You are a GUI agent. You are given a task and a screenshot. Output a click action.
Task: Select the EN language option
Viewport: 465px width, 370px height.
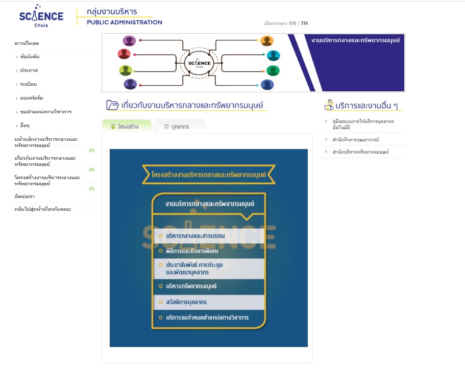click(292, 23)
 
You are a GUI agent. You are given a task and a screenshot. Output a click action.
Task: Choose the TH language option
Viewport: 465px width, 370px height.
click(304, 23)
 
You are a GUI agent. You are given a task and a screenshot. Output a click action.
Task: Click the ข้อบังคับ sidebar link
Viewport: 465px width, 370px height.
click(30, 57)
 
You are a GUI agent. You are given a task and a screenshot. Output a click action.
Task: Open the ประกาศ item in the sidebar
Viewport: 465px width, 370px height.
click(29, 70)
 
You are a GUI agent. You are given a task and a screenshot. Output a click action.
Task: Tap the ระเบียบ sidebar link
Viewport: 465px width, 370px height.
click(29, 84)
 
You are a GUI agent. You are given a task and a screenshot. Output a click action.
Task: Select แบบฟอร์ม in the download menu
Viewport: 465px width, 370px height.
click(31, 97)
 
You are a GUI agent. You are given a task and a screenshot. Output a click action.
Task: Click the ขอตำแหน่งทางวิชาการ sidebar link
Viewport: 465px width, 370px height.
click(45, 111)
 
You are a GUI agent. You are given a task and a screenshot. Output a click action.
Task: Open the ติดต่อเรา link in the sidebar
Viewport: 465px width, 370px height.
click(25, 196)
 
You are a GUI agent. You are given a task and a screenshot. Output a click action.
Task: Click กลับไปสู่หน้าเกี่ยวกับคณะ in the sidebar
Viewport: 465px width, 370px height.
click(43, 209)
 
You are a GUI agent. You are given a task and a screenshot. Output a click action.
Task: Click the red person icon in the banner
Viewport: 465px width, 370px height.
click(124, 54)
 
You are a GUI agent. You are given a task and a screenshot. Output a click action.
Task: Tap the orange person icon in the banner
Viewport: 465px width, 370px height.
click(267, 41)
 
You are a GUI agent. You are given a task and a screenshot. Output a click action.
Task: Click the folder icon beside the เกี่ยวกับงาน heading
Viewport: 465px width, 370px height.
click(112, 105)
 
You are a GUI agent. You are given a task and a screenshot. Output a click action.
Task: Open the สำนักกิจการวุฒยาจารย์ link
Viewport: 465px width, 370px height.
click(355, 140)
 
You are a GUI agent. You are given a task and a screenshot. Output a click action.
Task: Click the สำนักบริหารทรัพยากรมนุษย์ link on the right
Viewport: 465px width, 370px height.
click(360, 152)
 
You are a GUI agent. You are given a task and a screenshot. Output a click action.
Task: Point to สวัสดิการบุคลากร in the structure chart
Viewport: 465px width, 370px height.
click(186, 302)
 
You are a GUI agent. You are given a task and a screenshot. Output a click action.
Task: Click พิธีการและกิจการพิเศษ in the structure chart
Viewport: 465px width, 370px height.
click(192, 251)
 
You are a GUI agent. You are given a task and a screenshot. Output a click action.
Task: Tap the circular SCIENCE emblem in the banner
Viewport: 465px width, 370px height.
click(199, 63)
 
